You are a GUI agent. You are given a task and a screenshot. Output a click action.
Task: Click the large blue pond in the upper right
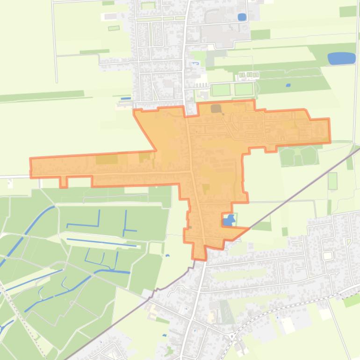tap(341, 58)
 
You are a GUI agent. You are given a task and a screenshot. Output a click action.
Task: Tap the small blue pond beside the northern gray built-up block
tap(242, 17)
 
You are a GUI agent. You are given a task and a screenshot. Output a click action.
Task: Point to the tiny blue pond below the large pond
tap(288, 86)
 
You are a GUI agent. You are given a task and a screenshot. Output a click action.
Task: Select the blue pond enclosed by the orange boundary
tap(229, 221)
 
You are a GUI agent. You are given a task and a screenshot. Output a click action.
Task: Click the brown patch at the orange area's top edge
tap(216, 109)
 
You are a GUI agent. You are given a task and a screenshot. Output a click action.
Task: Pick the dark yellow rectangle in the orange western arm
tap(107, 159)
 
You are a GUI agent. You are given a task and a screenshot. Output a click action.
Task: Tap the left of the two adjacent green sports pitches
tap(221, 89)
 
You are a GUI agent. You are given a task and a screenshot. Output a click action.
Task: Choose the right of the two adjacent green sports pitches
tap(243, 89)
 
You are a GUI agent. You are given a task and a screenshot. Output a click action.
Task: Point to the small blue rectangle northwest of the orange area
tap(126, 99)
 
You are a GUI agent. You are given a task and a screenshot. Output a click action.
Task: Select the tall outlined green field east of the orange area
tap(332, 181)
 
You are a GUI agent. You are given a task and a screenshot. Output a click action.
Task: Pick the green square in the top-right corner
tap(348, 11)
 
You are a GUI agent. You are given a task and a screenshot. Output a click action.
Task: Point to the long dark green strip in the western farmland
tap(42, 96)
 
